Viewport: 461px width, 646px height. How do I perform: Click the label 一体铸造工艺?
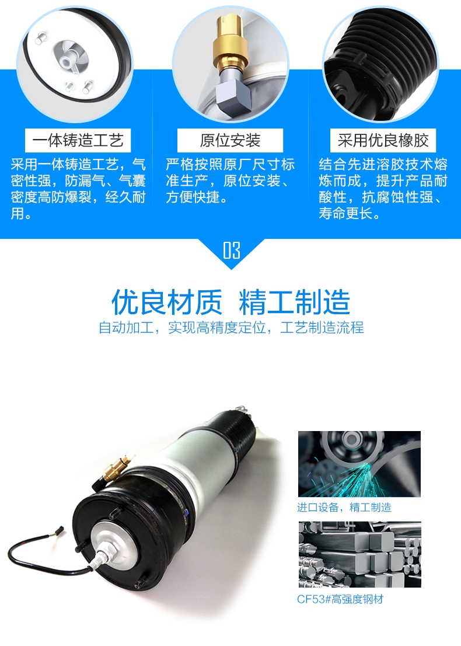point(78,141)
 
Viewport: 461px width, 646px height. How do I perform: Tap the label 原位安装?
point(230,141)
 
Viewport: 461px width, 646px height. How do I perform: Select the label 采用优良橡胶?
point(383,141)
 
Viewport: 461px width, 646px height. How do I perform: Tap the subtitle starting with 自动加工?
point(231,328)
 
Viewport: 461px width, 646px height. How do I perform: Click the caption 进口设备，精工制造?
point(344,507)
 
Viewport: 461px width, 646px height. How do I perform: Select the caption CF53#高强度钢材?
point(341,599)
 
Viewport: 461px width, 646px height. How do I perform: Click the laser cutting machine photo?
point(359,464)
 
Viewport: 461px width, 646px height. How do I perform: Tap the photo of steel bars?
point(359,554)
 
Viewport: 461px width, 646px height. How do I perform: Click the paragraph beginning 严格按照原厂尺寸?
point(230,180)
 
